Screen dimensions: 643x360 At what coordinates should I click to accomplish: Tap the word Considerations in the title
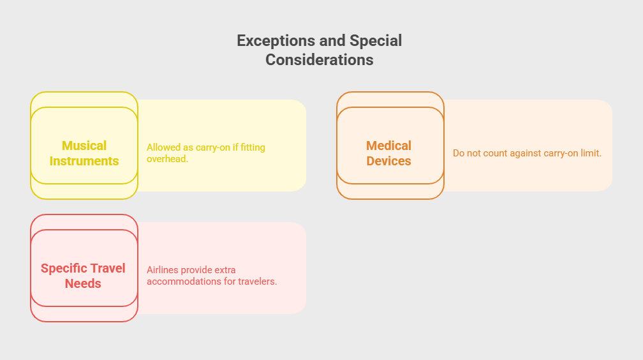320,60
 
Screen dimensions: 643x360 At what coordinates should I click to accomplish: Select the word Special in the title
376,41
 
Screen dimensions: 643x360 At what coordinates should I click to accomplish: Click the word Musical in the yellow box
84,146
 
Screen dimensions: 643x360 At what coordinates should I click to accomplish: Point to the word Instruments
84,161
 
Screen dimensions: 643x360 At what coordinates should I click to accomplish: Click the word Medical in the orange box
388,146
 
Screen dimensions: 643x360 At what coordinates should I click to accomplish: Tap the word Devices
388,161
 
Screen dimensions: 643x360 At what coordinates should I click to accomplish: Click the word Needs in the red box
83,283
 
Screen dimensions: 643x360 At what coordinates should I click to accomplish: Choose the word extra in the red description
225,270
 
